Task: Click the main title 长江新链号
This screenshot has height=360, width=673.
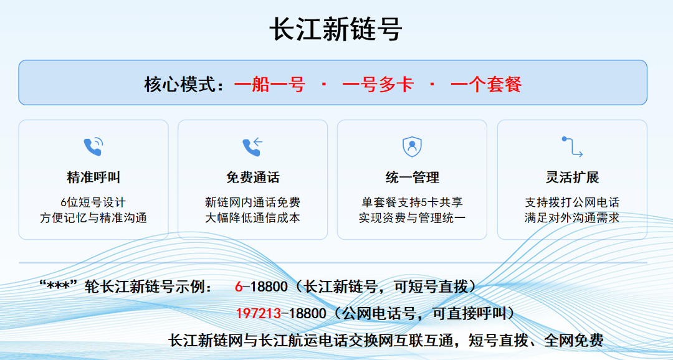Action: [x=336, y=29]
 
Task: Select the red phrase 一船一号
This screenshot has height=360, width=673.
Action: [x=269, y=85]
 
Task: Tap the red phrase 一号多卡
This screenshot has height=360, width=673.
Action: [x=378, y=85]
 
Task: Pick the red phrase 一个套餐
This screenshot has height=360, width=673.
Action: [x=486, y=85]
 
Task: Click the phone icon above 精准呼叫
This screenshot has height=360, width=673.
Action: [x=93, y=146]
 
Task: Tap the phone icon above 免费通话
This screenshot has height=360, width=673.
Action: [x=252, y=146]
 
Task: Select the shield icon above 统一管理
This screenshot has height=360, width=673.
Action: [x=412, y=147]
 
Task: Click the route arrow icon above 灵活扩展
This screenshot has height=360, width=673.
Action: [x=572, y=147]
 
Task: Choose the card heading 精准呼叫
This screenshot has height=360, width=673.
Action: [x=93, y=178]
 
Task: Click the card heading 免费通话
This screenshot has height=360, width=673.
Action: [x=253, y=178]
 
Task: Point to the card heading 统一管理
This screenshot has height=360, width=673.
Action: [x=412, y=178]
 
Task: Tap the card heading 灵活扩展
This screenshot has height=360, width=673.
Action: [x=572, y=178]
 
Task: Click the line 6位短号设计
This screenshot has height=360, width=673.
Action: [x=93, y=202]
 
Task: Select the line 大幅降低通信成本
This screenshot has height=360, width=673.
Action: [x=253, y=217]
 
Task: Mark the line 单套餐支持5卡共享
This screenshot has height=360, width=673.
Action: [x=412, y=202]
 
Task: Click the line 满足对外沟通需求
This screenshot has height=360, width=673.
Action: [x=572, y=217]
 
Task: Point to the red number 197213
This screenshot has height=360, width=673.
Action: [x=259, y=314]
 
